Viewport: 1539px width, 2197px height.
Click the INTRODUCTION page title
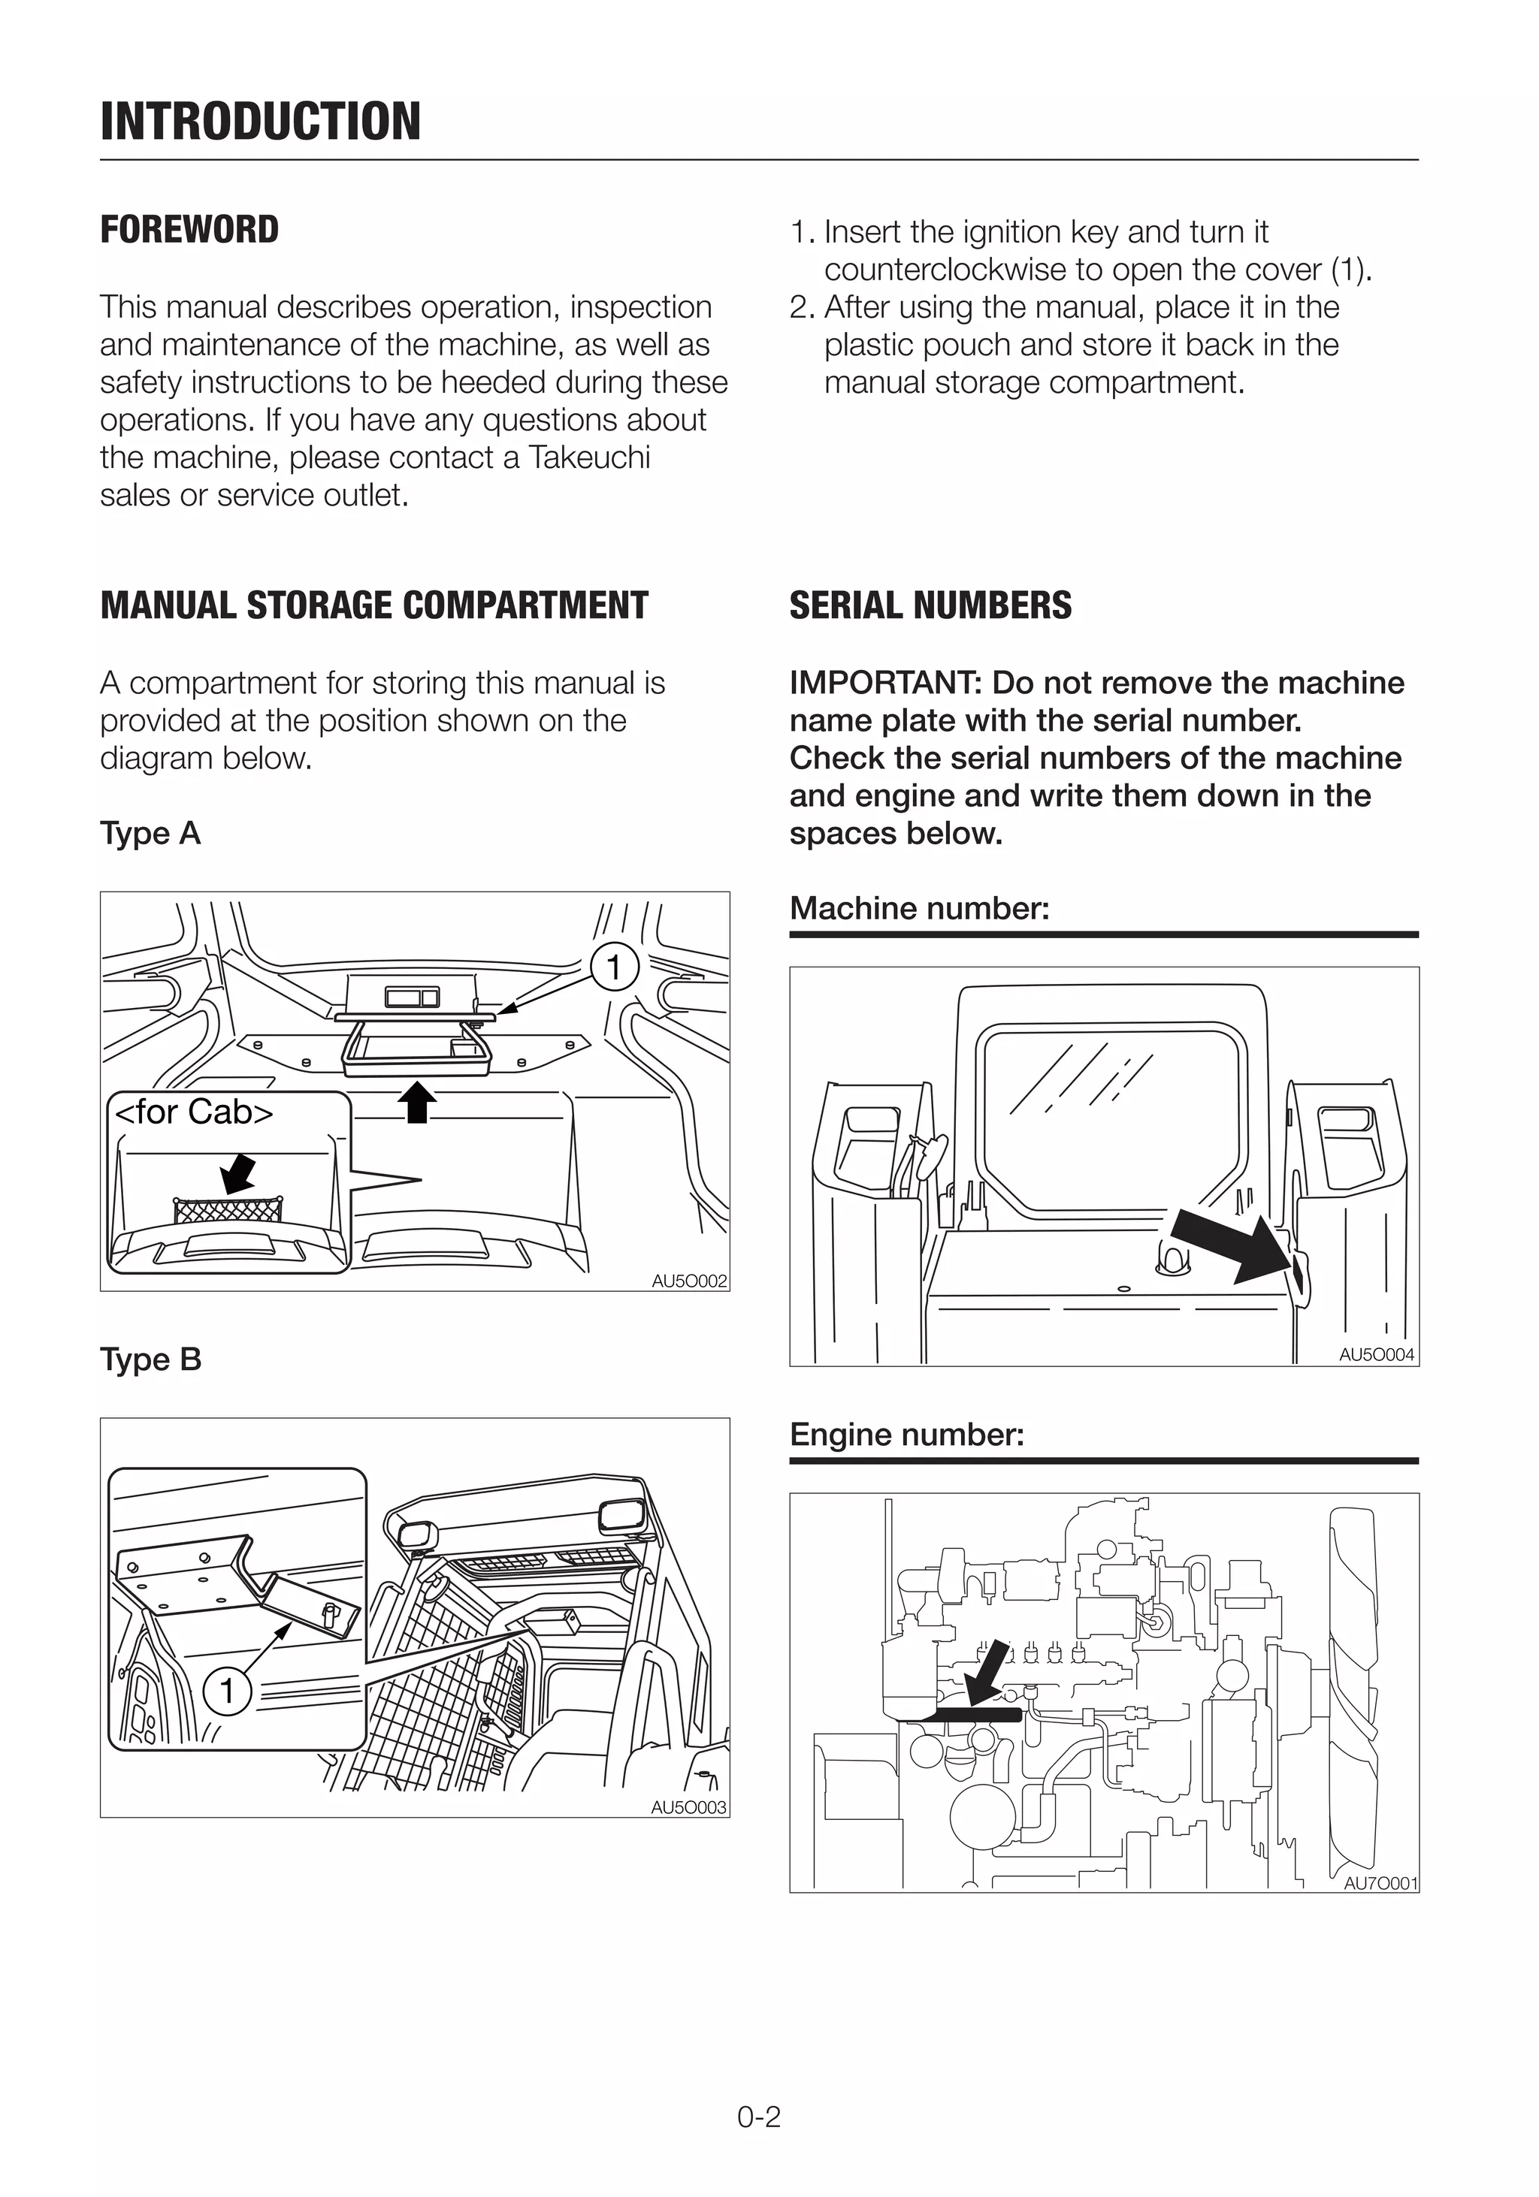coord(260,122)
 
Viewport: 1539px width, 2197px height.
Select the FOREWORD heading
coord(189,230)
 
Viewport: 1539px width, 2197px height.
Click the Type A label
coord(150,834)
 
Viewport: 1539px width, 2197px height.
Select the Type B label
coord(151,1360)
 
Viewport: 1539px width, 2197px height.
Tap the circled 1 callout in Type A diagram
coord(613,967)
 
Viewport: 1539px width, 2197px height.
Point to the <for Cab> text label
coord(195,1112)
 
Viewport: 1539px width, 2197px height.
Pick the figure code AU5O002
coord(689,1281)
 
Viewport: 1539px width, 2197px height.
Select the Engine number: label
coord(906,1435)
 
